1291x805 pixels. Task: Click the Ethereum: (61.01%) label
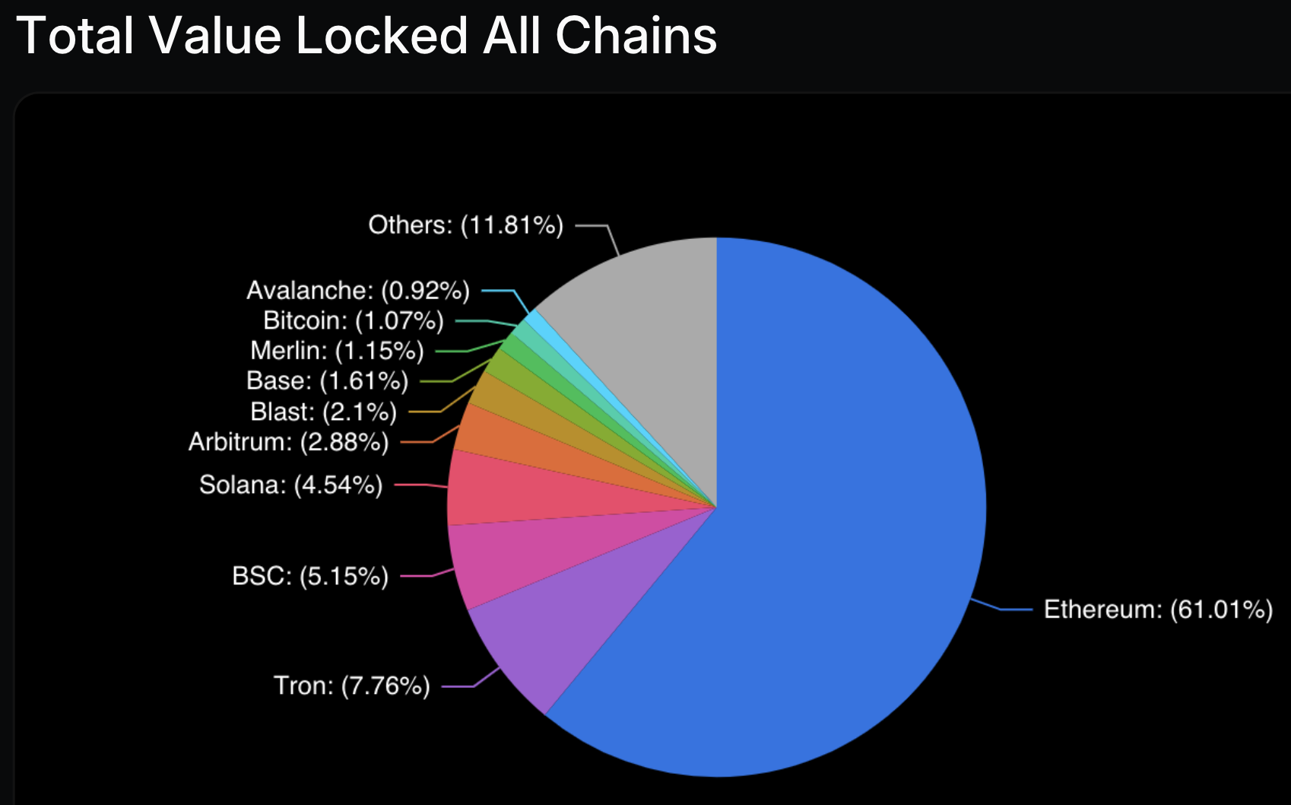tap(1157, 609)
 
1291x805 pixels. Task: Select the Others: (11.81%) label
tap(465, 225)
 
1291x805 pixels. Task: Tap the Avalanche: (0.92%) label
tap(358, 291)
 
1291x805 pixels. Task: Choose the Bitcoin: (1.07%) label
tap(354, 321)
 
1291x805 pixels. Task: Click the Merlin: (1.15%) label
tap(337, 351)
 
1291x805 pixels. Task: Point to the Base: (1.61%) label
tap(328, 380)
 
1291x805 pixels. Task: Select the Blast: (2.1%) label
tap(324, 412)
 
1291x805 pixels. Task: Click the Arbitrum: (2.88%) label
tap(289, 442)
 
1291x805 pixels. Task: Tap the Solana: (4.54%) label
tap(291, 485)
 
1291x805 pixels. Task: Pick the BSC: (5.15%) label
tap(310, 576)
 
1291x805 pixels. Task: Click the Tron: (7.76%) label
tap(352, 686)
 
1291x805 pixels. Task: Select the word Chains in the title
tap(636, 36)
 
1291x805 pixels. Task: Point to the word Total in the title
tap(75, 36)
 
